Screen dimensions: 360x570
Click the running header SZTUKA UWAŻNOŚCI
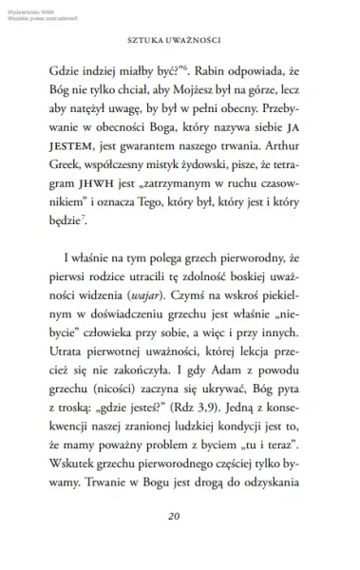(180, 42)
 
